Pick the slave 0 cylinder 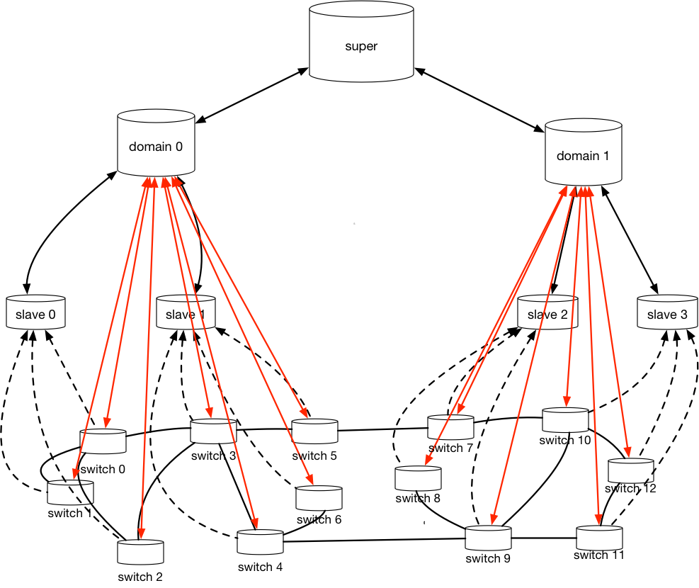[x=35, y=312]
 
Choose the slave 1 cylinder [x=185, y=312]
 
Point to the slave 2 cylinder [x=547, y=312]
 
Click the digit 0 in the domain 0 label [x=178, y=147]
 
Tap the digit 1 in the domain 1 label [x=606, y=156]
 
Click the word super [x=361, y=47]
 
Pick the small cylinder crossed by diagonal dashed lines [x=70, y=492]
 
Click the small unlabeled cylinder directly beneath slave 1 [x=213, y=431]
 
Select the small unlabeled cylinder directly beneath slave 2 [x=565, y=420]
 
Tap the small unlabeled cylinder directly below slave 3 [x=630, y=471]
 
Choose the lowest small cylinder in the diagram [x=140, y=553]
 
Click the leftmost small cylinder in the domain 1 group [x=418, y=478]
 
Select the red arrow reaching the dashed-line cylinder [x=113, y=326]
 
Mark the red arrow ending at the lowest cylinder [x=144, y=354]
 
